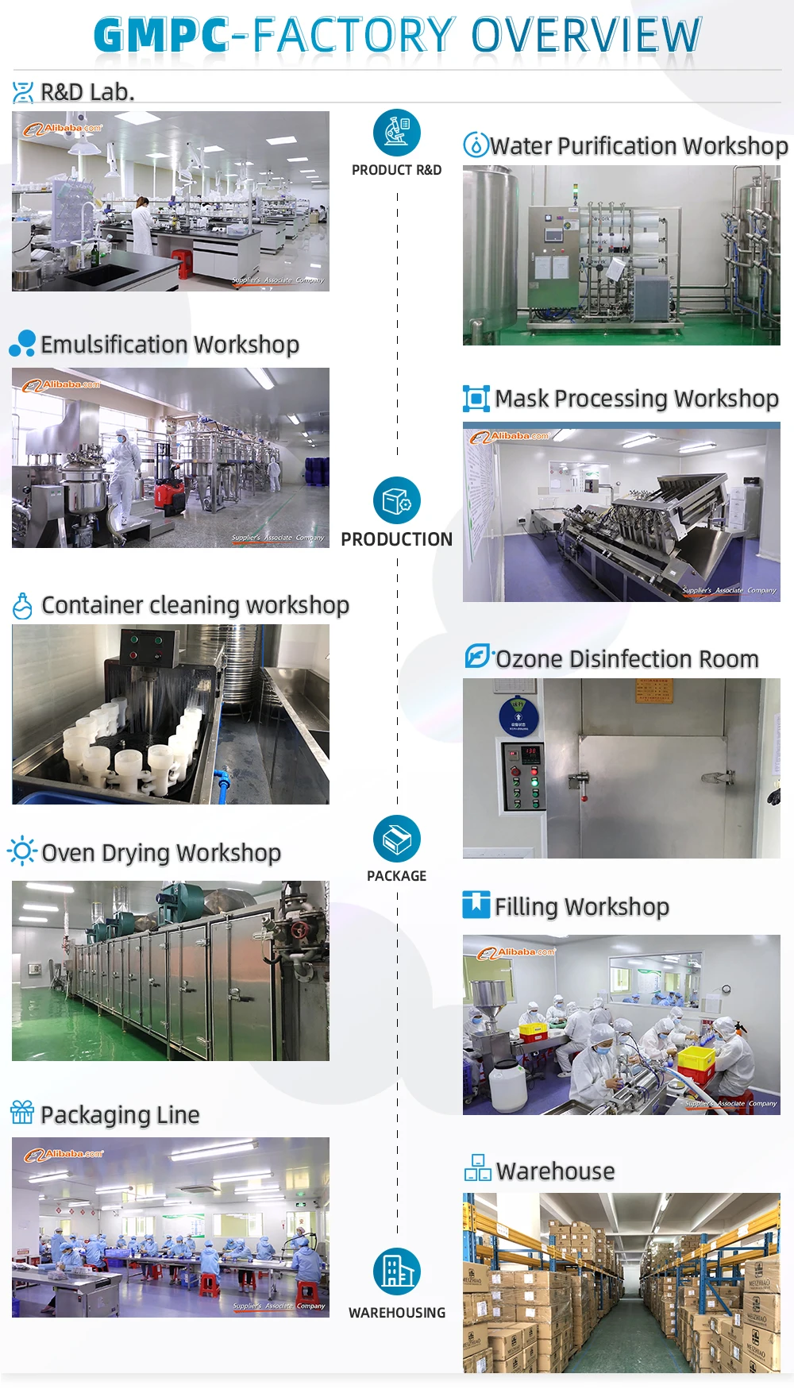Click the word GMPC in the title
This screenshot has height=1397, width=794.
pos(161,36)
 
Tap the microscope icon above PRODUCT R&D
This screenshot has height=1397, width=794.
pos(396,133)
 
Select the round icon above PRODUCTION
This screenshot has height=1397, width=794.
pos(396,500)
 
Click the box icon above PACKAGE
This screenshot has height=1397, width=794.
pos(396,839)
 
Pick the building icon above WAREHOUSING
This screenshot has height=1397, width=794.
pos(396,1272)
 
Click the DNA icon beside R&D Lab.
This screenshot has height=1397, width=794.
pos(23,93)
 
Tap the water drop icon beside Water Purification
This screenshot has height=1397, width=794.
pos(475,145)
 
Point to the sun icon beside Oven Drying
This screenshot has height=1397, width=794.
pos(22,851)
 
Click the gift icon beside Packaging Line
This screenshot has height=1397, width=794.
pos(22,1113)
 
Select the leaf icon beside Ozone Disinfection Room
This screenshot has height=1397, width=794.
pos(477,657)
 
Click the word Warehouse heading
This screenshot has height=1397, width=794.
pos(555,1171)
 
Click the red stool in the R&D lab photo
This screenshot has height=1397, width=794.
pos(182,263)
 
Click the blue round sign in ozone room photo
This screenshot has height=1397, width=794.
pos(518,716)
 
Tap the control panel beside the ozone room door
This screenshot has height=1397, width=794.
pos(522,776)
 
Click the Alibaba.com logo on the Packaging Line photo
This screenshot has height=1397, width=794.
pos(64,1155)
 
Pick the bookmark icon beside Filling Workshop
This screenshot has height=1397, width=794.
pos(476,905)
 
